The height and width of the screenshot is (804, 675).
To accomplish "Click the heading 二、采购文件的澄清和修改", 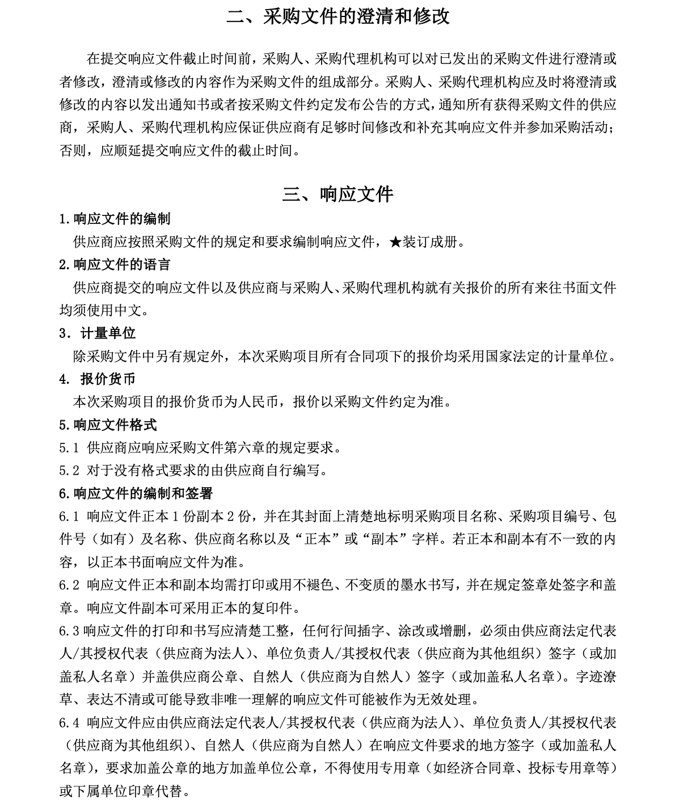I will [x=337, y=16].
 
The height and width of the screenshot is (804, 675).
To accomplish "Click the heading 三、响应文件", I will [x=337, y=194].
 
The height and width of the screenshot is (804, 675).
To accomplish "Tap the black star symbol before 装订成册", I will [x=395, y=243].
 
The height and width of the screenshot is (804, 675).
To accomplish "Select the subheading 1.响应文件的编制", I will [x=115, y=219].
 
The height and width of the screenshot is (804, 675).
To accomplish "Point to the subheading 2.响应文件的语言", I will [x=115, y=265].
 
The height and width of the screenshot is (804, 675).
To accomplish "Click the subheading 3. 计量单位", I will [x=98, y=333].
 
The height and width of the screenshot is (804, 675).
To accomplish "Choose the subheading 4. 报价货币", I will [x=98, y=379].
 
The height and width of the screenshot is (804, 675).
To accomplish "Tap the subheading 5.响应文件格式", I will [x=108, y=425].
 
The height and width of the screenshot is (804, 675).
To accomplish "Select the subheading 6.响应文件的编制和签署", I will [x=136, y=494].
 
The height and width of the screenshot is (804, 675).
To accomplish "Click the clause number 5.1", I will [x=69, y=448].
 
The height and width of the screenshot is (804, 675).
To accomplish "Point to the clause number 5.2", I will [x=69, y=471].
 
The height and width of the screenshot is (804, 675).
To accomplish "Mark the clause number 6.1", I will [x=69, y=517].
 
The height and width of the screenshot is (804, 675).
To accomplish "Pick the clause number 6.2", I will [x=69, y=585].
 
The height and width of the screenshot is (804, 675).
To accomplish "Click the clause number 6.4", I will [x=69, y=723].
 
